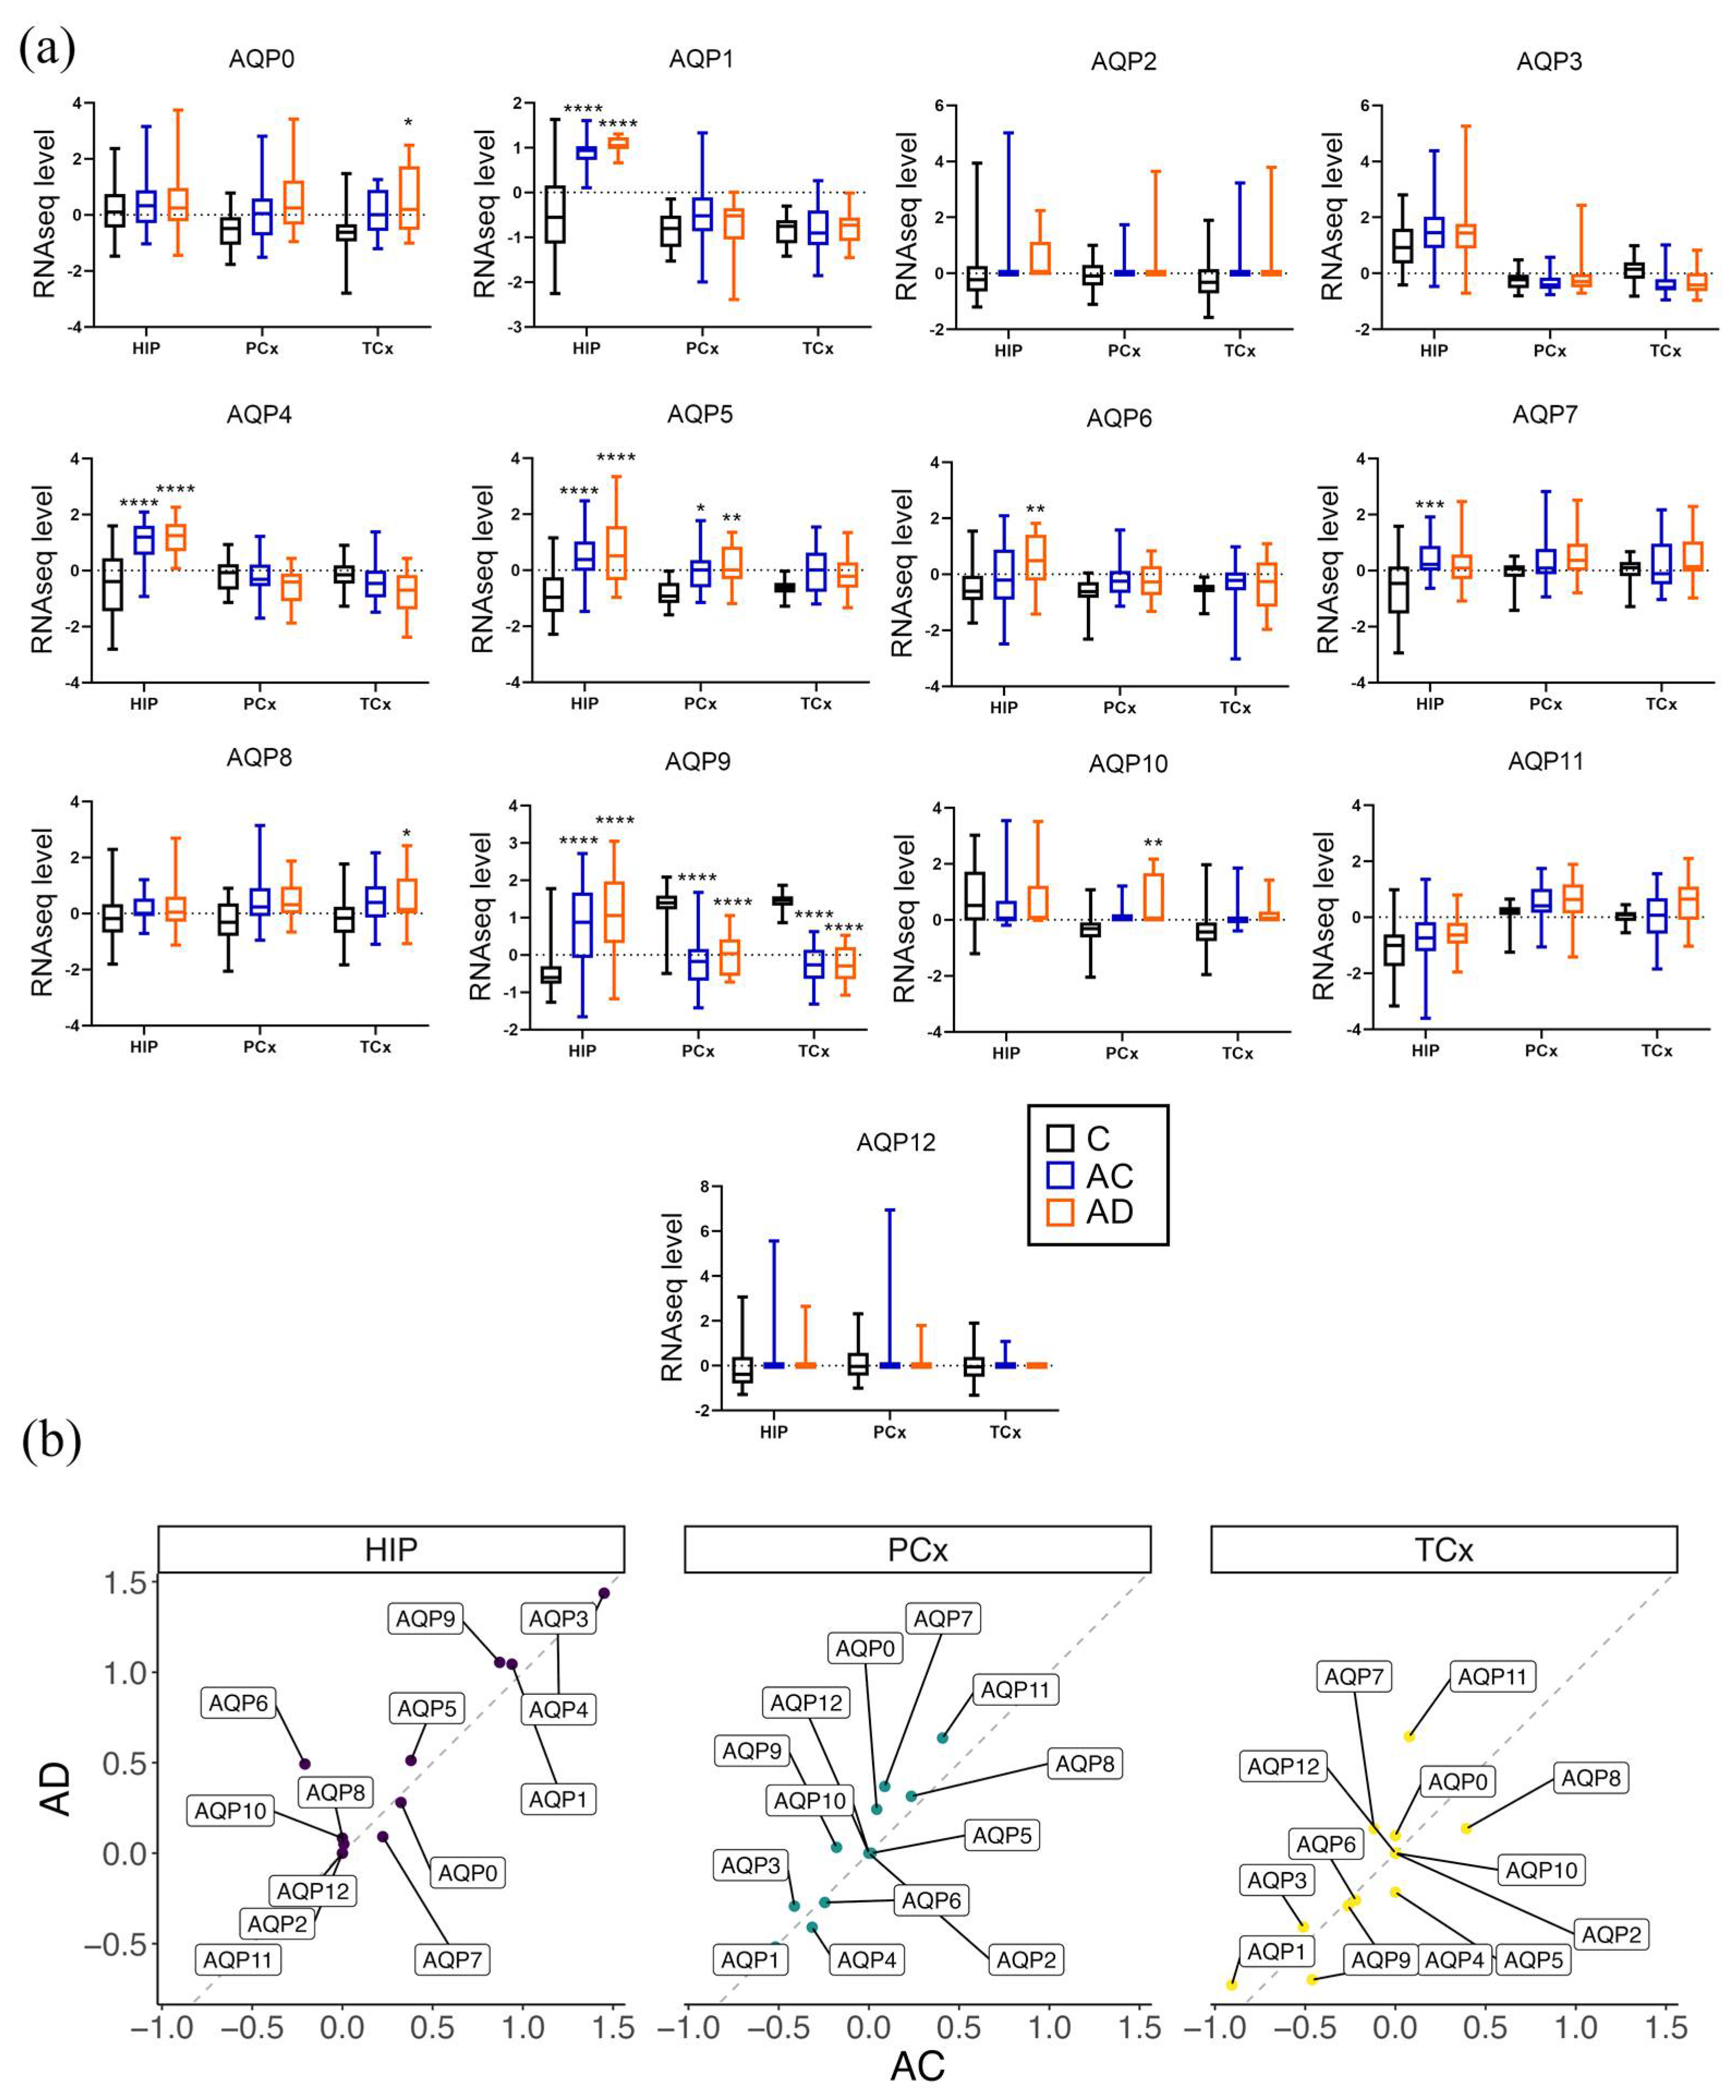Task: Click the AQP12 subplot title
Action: click(896, 1142)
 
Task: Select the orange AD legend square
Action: click(1059, 1212)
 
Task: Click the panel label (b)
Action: click(50, 1442)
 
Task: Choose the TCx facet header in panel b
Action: click(1444, 1549)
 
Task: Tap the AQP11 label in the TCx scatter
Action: click(1492, 1676)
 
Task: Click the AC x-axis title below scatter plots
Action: click(916, 2066)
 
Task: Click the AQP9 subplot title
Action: click(698, 763)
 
